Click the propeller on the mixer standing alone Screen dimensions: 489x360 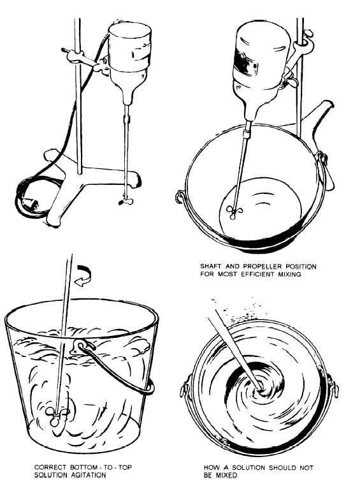tap(121, 201)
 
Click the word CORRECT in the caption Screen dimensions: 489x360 tap(48, 467)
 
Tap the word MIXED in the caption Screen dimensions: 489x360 tap(224, 475)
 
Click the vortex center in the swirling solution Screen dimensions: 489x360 tap(261, 386)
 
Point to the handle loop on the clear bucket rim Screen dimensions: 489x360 tap(84, 347)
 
